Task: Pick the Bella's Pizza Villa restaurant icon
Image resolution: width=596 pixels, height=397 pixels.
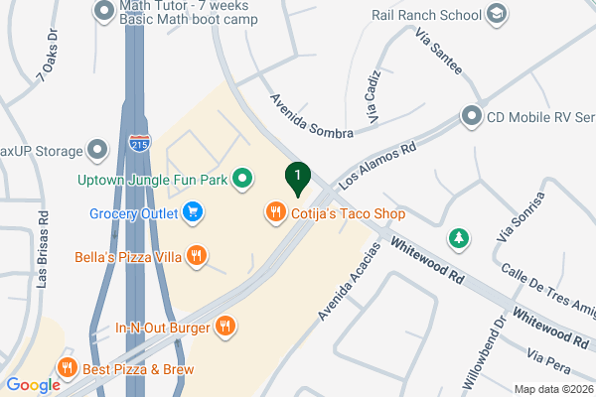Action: point(197,256)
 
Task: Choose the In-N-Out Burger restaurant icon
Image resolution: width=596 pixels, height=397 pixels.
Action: point(226,327)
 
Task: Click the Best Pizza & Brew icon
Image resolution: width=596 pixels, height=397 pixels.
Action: point(69,366)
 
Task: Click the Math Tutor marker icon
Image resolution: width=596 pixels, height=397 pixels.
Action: point(103,12)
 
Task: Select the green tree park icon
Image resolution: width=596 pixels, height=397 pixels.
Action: point(458,237)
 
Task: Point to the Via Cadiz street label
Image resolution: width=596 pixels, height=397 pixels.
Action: point(373,97)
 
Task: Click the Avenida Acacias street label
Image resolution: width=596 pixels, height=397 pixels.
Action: point(349,282)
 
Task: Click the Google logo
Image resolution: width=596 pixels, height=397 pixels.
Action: point(32,385)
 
